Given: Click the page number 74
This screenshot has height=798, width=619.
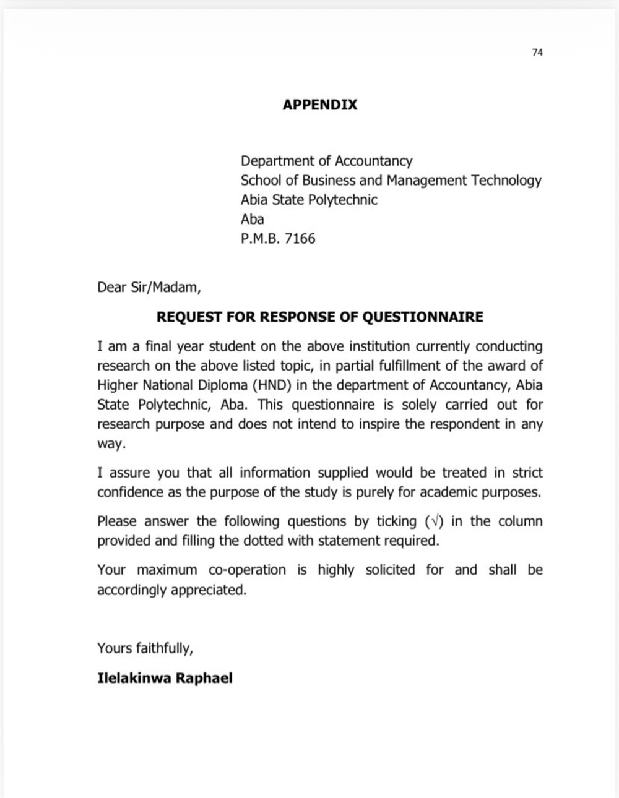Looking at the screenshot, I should click(x=537, y=53).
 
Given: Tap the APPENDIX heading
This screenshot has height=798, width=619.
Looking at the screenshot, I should click(x=320, y=105).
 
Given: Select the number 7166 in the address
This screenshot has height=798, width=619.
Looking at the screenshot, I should click(x=300, y=238).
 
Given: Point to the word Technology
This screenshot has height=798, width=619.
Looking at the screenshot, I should click(x=506, y=181).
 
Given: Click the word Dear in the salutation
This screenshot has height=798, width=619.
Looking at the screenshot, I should click(x=111, y=288).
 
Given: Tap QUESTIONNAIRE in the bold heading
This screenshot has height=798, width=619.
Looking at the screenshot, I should click(x=422, y=317).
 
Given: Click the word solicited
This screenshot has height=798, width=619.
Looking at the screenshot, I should click(x=390, y=570).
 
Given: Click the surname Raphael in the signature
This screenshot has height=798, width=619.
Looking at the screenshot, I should click(x=204, y=678).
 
